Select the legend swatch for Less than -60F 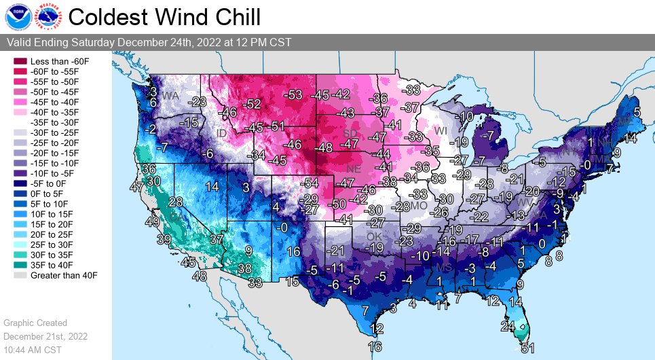18,61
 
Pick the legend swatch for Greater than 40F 18,275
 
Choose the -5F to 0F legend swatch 18,183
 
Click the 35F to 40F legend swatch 18,265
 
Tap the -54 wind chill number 310,183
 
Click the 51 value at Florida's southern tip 527,348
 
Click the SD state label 350,132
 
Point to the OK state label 374,236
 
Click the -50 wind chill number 337,204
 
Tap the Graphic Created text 35,323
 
